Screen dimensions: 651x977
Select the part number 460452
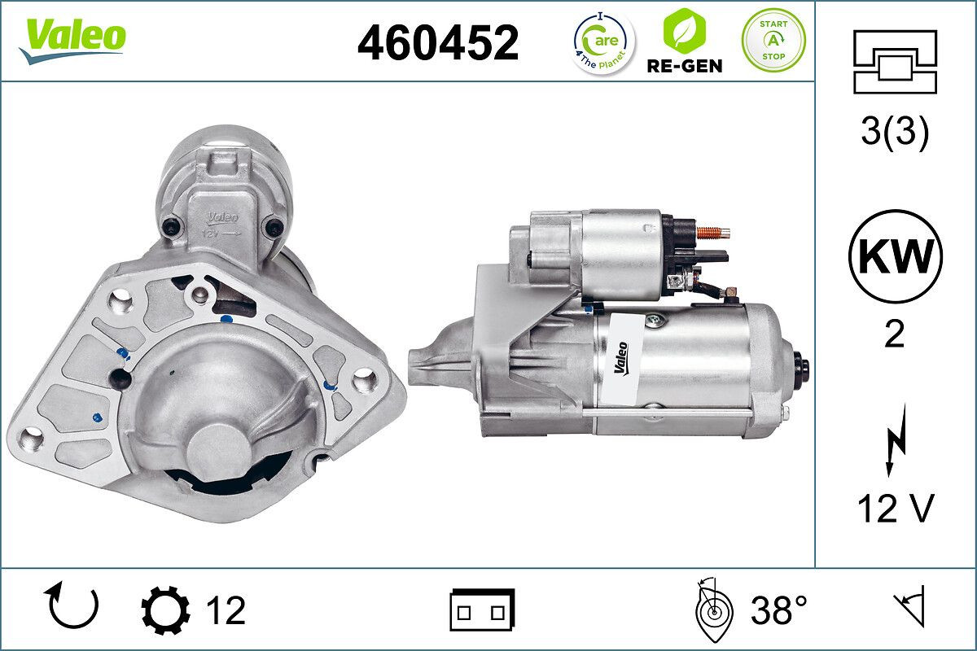[438, 42]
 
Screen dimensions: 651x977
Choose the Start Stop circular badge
[773, 40]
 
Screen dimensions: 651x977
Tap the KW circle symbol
[895, 256]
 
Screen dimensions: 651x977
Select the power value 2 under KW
[895, 334]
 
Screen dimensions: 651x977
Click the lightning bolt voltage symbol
[895, 447]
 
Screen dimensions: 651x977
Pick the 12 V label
[895, 509]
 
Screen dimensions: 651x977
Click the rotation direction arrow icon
[73, 607]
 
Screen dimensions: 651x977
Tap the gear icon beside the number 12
[165, 610]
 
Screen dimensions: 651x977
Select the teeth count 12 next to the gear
[226, 610]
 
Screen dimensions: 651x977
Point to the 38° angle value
[779, 610]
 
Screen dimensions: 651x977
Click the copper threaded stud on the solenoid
[715, 233]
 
